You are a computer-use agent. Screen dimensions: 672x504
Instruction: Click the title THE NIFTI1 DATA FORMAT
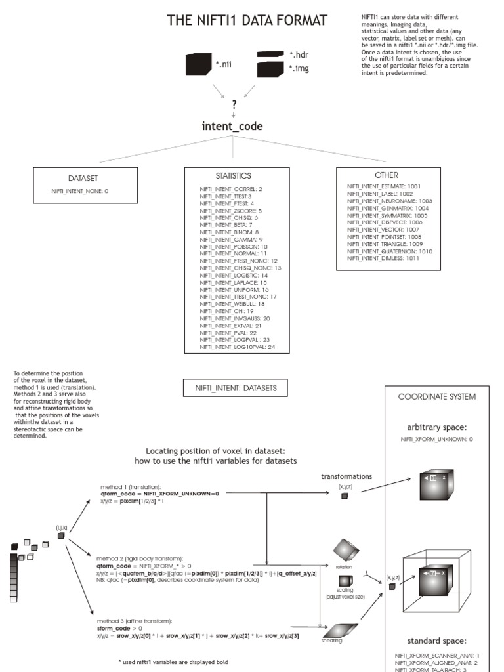coord(247,21)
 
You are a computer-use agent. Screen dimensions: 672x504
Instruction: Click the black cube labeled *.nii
coord(199,65)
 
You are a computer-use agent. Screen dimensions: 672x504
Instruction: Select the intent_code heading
coord(232,126)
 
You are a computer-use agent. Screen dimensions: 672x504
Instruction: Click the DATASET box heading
coord(84,178)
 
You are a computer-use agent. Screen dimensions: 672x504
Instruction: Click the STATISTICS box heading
coord(233,176)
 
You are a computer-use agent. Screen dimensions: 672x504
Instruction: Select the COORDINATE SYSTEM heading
coord(437,396)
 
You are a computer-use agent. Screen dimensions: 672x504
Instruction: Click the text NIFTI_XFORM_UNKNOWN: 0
coord(437,439)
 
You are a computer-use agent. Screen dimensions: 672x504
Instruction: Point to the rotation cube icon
coord(345,549)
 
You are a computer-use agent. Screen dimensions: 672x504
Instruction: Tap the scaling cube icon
coord(345,581)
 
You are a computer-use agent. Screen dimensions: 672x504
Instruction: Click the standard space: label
coord(437,640)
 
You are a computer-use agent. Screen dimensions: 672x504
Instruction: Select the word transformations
coord(346,476)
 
